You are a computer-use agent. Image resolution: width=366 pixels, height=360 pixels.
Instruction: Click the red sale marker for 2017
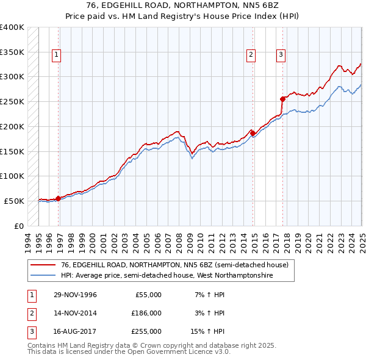click(282, 99)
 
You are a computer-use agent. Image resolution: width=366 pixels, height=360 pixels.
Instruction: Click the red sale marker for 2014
click(253, 133)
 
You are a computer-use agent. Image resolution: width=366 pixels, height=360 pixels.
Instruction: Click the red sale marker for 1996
click(58, 198)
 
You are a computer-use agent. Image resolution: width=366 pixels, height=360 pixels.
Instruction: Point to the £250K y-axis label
click(12, 101)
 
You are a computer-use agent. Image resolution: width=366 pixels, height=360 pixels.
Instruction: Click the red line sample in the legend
click(43, 264)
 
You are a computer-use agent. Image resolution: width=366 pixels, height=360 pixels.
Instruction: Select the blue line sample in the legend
click(43, 275)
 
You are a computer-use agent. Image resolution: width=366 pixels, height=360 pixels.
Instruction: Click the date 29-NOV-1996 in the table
click(76, 295)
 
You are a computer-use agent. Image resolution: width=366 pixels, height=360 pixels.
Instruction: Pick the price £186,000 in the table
click(146, 313)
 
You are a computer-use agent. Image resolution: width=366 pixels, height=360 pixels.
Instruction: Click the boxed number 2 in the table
click(30, 313)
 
